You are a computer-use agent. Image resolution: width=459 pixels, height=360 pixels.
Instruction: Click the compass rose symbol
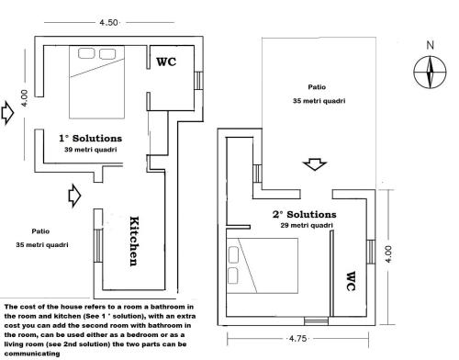pos(430,73)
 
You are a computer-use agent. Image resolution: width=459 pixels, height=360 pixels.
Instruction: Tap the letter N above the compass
pos(431,45)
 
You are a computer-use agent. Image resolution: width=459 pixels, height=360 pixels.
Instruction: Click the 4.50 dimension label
pos(108,22)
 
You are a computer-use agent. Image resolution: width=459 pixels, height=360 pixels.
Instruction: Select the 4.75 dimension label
pos(297,339)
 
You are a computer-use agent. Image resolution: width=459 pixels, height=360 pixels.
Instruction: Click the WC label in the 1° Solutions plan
pos(166,62)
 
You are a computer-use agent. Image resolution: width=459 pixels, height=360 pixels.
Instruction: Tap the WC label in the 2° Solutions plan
pos(351,281)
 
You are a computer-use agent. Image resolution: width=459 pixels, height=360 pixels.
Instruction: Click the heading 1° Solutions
pos(90,139)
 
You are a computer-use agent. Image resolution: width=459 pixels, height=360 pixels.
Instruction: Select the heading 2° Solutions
pos(305,214)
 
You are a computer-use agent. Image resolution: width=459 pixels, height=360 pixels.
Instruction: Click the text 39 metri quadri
pos(91,150)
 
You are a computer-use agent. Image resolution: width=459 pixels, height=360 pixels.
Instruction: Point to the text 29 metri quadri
pos(307,225)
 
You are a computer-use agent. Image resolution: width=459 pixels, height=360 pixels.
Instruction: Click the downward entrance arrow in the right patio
pos(315,164)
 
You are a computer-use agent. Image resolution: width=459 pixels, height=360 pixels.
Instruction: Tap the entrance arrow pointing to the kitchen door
pos(74,196)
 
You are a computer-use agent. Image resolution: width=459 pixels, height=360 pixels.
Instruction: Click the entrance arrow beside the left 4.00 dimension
pos(7,113)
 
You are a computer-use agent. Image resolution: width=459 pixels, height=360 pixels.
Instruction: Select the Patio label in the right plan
pos(317,87)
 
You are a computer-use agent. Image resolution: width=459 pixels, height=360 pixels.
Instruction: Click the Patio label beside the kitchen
pos(40,231)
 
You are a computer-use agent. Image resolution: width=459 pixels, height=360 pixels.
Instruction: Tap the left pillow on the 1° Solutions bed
pos(86,53)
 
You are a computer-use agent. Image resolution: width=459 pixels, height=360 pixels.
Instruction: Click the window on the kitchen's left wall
pos(98,246)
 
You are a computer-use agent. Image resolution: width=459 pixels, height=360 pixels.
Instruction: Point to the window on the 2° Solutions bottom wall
pos(316,321)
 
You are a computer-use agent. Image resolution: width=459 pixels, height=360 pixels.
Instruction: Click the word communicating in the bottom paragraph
pos(32,354)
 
